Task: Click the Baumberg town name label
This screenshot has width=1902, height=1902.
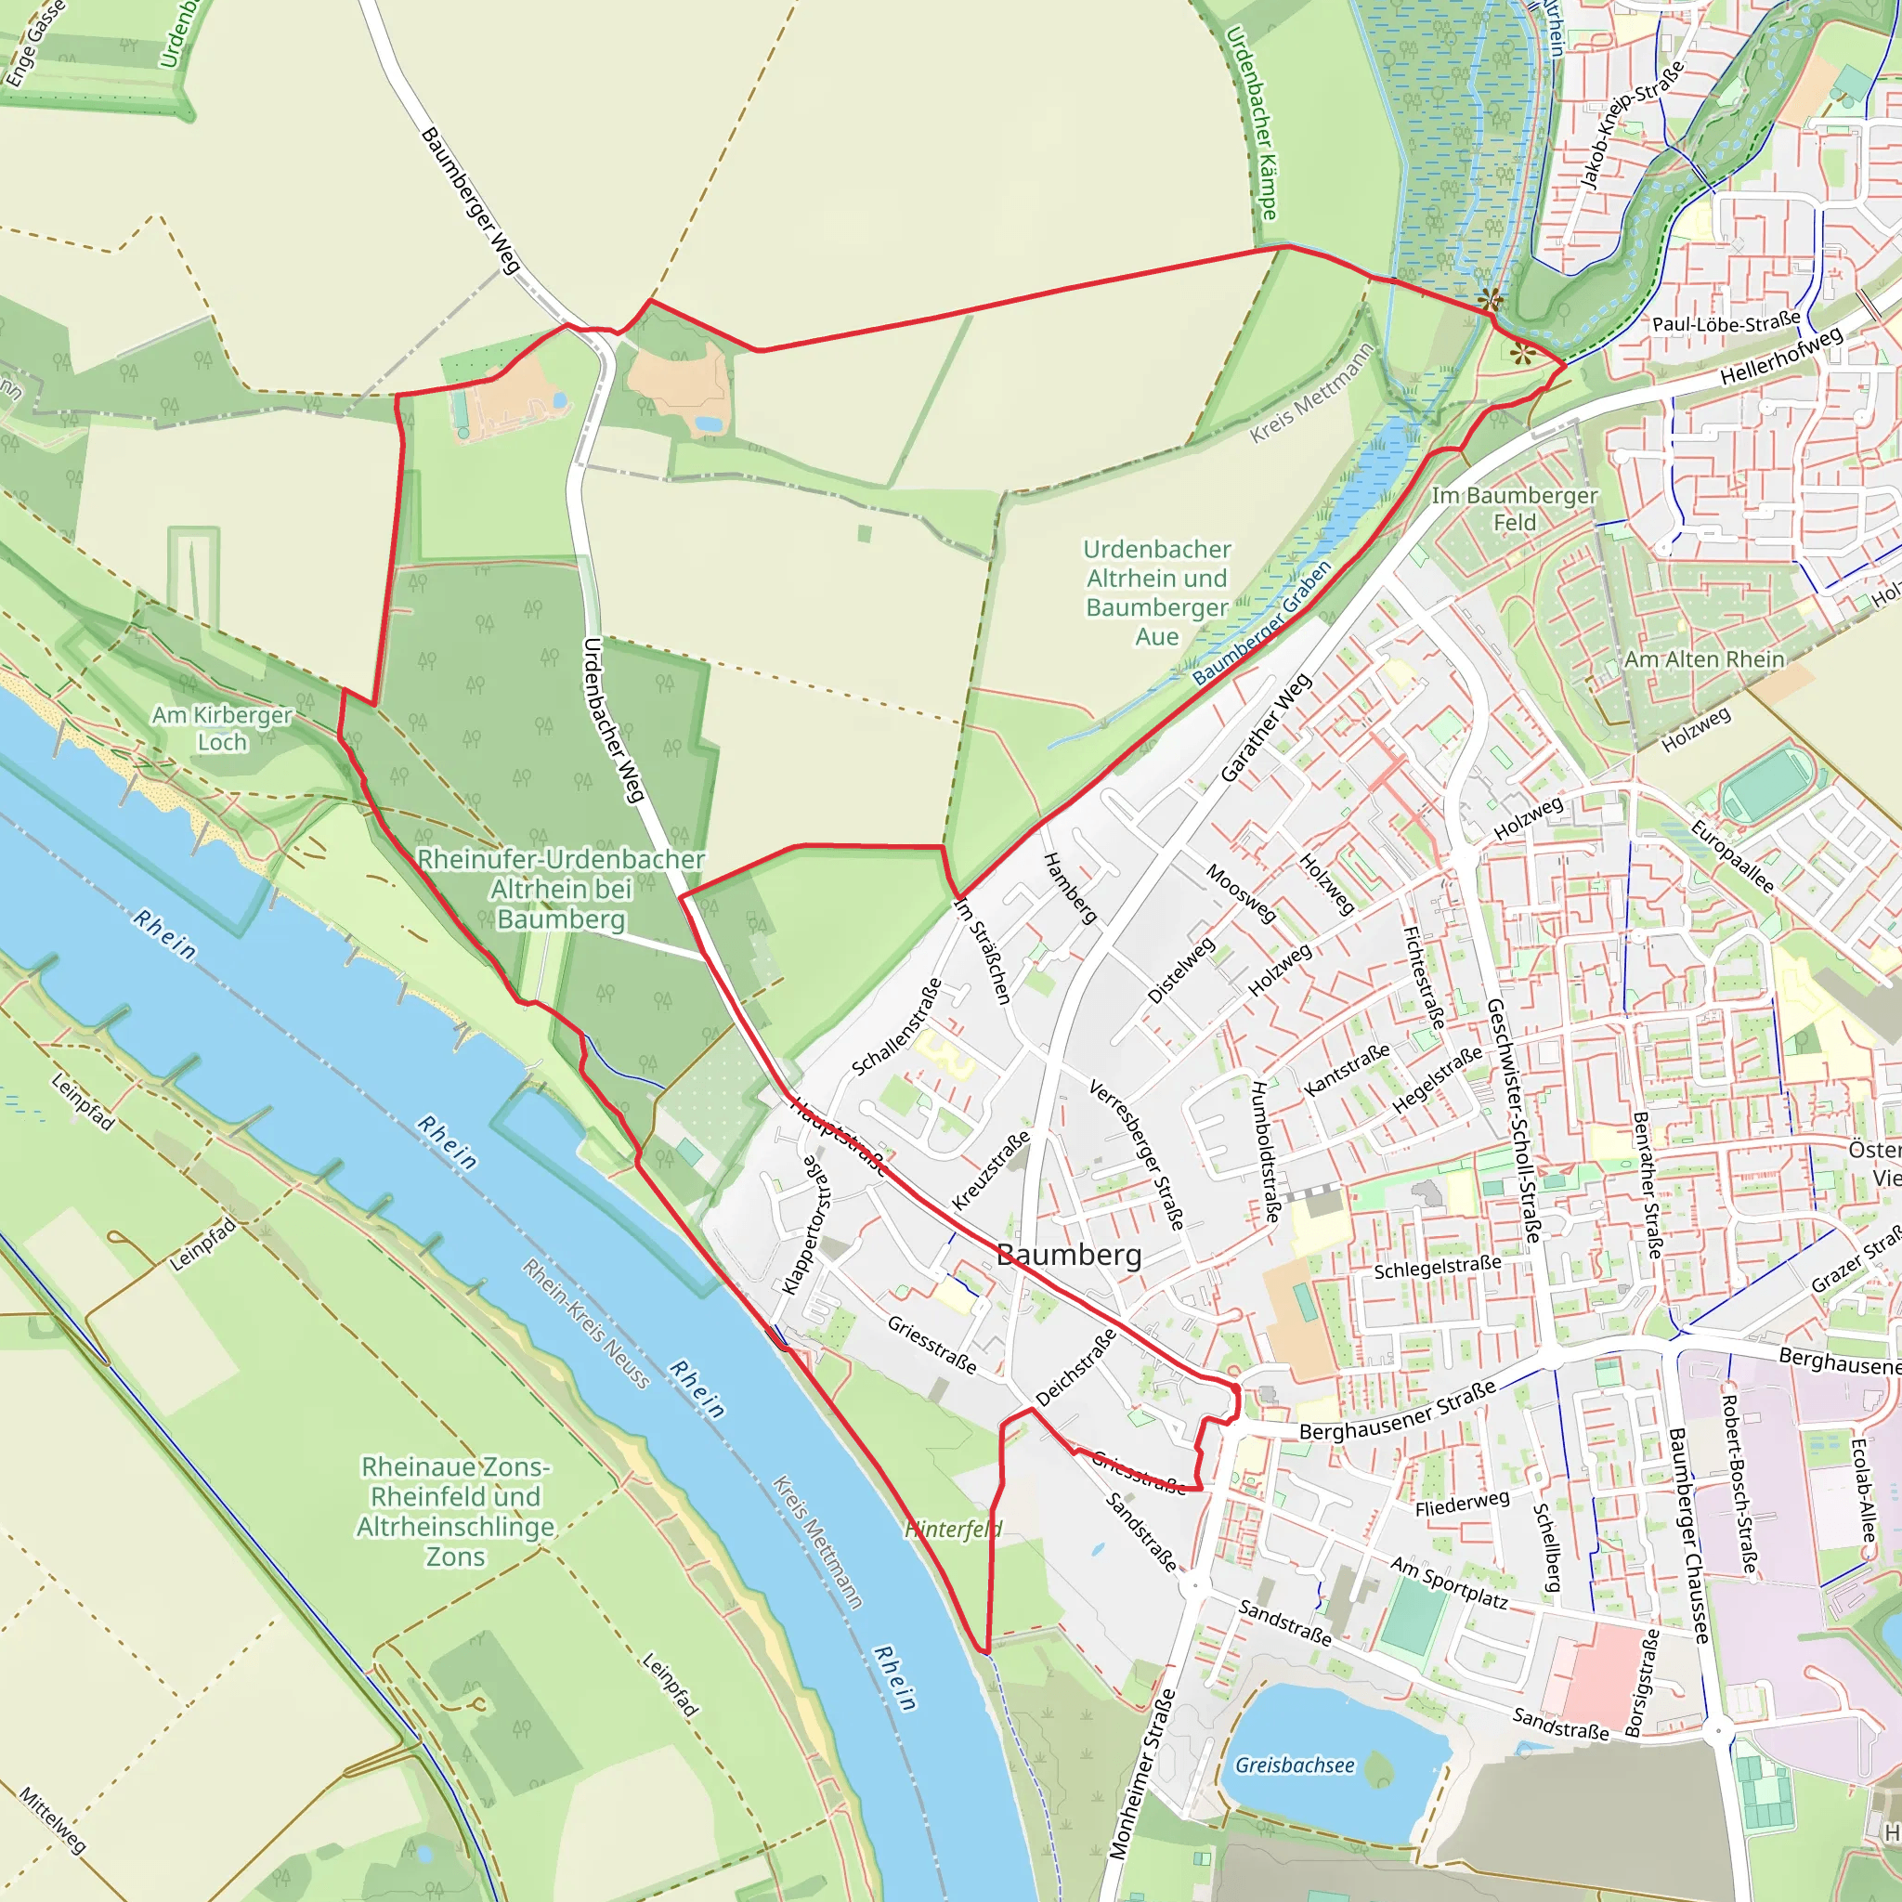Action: (1069, 1254)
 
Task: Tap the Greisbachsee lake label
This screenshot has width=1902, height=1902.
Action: (1295, 1765)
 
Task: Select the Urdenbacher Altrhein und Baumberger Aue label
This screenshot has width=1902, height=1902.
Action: (1157, 593)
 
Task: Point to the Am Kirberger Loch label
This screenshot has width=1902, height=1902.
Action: (222, 728)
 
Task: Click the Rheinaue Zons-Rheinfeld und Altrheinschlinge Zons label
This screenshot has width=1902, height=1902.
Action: (456, 1511)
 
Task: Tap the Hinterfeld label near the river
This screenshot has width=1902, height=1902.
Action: (953, 1529)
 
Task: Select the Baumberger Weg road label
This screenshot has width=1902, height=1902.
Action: (470, 201)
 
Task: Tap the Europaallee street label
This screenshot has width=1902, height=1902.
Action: (1732, 856)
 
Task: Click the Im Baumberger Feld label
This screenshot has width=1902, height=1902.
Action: (1514, 509)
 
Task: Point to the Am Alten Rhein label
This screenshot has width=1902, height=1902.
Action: (1703, 659)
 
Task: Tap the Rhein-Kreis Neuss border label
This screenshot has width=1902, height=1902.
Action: (586, 1324)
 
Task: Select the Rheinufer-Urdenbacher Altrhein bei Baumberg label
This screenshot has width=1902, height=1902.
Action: (561, 889)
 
